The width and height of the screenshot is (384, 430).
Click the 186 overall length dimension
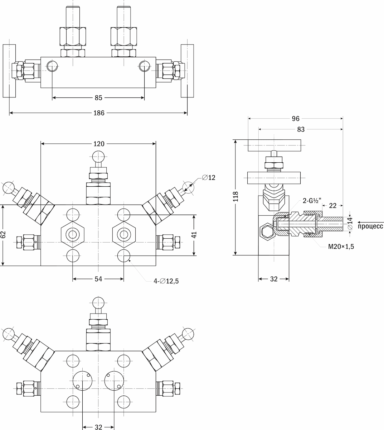(99, 113)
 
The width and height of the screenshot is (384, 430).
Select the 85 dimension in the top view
(99, 97)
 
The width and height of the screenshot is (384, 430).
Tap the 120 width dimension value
(99, 144)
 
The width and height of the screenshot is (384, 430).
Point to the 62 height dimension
(3, 235)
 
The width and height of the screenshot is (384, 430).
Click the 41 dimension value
(193, 235)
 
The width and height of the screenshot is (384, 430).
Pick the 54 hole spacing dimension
(99, 279)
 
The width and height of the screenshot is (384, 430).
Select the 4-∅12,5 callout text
(164, 281)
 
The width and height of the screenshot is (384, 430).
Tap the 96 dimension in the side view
(296, 119)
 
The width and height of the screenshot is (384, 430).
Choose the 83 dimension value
(301, 129)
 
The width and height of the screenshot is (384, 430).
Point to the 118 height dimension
(235, 197)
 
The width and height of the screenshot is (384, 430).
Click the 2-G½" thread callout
(311, 201)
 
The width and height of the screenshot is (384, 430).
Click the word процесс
(370, 226)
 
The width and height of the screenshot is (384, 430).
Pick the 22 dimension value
(332, 205)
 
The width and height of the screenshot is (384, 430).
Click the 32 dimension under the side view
(274, 279)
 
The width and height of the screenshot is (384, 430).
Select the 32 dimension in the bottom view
(99, 427)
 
